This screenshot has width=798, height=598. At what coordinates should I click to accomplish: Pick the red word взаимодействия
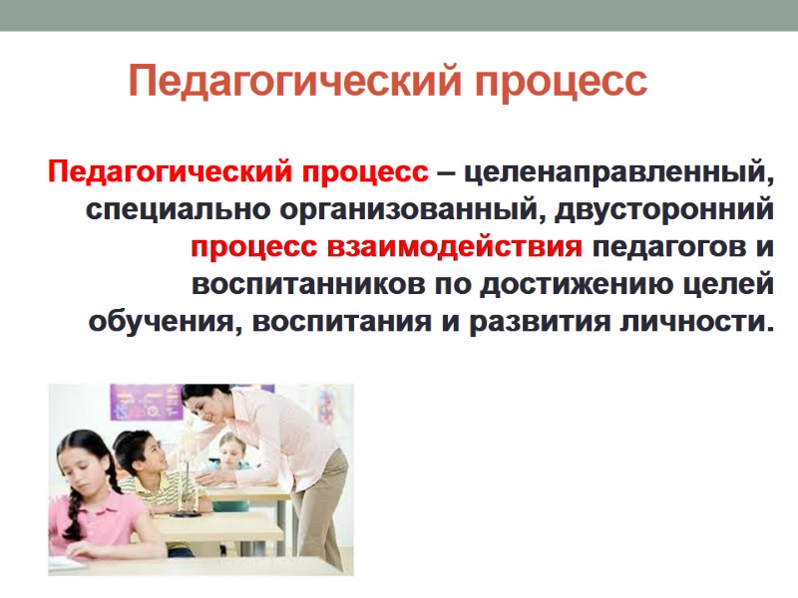[466, 246]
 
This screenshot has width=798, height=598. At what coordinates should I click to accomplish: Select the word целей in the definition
[729, 284]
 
